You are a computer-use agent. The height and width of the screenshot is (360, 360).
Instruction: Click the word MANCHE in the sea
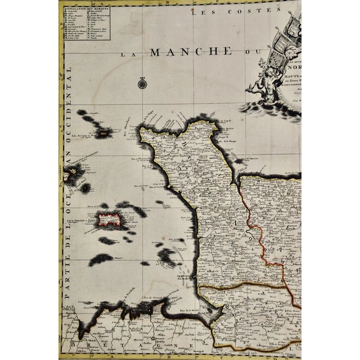coord(191,52)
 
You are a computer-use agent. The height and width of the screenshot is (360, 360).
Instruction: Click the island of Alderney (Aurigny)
coord(103,133)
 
